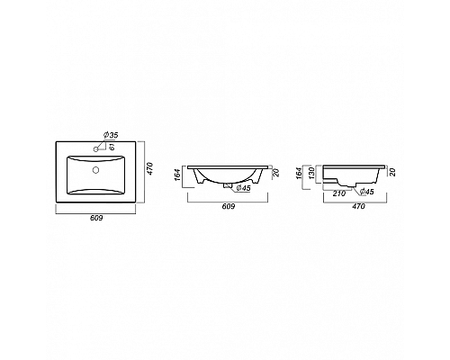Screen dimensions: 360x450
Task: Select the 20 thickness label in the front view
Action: coord(275,174)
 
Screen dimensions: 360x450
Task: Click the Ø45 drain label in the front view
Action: coord(241,187)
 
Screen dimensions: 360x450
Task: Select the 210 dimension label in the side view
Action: coord(340,192)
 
